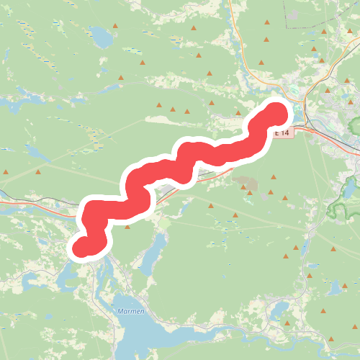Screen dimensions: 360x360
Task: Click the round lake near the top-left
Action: click(x=100, y=37)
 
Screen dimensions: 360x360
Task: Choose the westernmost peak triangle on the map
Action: click(x=6, y=172)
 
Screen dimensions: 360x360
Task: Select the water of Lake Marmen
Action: click(x=144, y=331)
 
